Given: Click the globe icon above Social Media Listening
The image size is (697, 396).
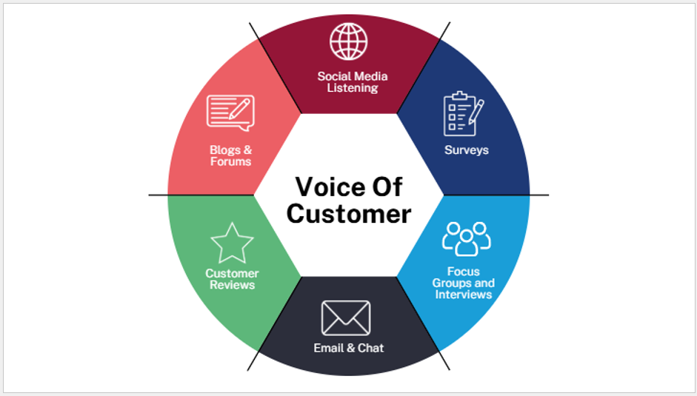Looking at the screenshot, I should click(x=348, y=41).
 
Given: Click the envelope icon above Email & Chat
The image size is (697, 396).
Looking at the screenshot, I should click(x=346, y=318).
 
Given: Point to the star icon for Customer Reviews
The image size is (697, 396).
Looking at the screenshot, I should click(x=232, y=243).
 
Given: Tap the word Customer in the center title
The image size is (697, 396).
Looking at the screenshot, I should click(x=348, y=214).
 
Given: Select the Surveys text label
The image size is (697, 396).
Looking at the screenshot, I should click(x=467, y=150).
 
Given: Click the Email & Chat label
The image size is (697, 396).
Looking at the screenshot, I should click(x=349, y=347).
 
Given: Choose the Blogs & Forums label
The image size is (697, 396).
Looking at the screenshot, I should click(x=230, y=155).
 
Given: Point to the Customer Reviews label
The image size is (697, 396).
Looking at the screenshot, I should click(x=232, y=279).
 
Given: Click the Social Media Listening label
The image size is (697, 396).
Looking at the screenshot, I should click(x=353, y=81).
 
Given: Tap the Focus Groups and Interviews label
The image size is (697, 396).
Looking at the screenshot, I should click(x=464, y=283).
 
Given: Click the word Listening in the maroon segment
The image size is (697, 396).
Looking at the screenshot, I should click(x=353, y=88).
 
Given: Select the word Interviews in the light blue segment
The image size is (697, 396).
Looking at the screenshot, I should click(x=464, y=294).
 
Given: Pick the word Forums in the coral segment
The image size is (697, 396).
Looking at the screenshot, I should click(x=230, y=161).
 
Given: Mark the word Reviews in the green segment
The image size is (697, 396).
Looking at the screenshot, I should click(x=232, y=285).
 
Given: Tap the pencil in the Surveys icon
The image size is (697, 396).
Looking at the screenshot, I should click(x=475, y=110).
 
